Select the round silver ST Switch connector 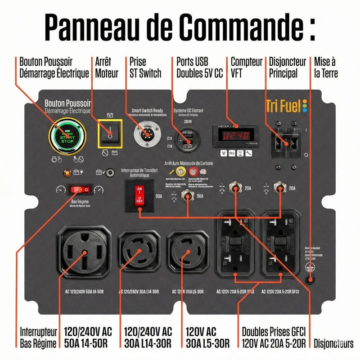click(146, 135)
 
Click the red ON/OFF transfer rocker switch click(139, 196)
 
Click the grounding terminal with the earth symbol click(310, 279)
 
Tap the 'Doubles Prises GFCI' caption click(274, 332)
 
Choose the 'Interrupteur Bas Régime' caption click(39, 337)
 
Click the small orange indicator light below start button click(67, 172)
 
